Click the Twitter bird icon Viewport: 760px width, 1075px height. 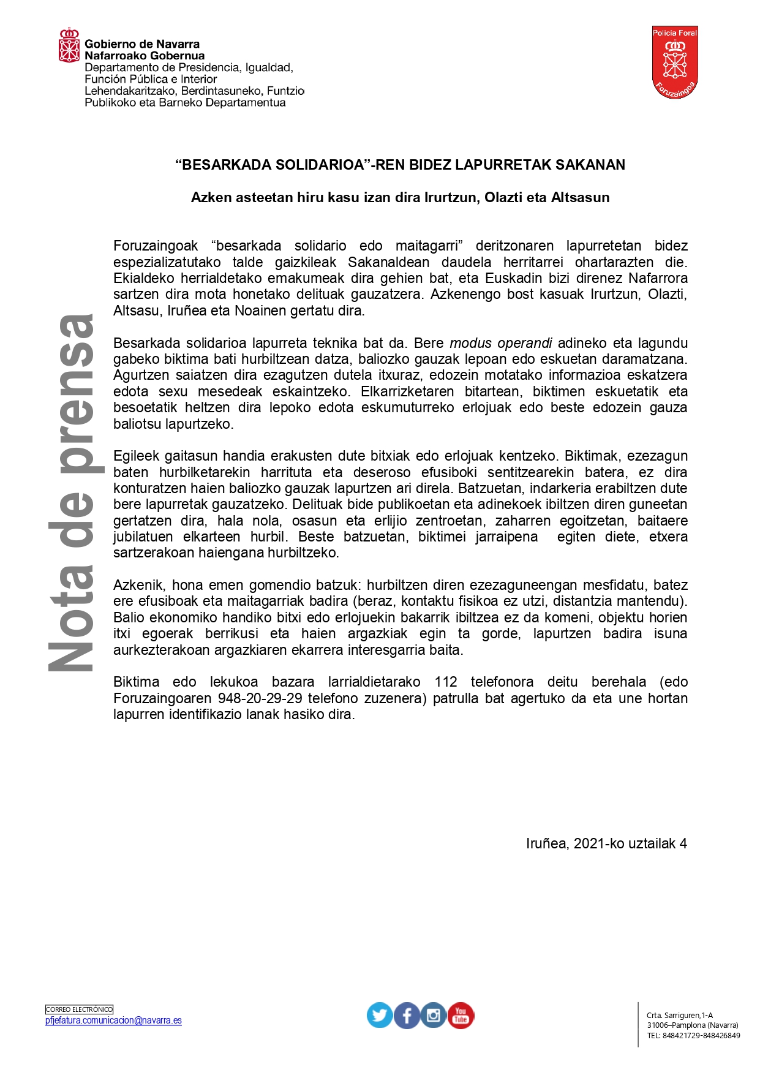pyautogui.click(x=380, y=1015)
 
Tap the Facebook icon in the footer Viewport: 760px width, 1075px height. pyautogui.click(x=407, y=1015)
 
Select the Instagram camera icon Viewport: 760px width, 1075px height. pyautogui.click(x=434, y=1015)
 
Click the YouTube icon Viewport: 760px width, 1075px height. pyautogui.click(x=461, y=1015)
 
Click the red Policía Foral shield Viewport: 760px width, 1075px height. pyautogui.click(x=675, y=62)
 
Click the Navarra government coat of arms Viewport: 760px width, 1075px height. pyautogui.click(x=69, y=45)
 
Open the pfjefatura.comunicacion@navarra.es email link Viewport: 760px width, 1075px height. pyautogui.click(x=113, y=1020)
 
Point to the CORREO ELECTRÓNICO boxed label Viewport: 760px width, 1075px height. pyautogui.click(x=80, y=1009)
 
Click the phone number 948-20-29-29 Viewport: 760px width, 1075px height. pyautogui.click(x=260, y=698)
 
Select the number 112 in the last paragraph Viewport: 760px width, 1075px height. pyautogui.click(x=446, y=682)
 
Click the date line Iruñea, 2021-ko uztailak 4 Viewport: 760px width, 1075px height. pyautogui.click(x=606, y=843)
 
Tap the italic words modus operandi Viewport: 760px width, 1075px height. pyautogui.click(x=501, y=343)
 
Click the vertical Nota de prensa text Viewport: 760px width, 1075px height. pyautogui.click(x=72, y=493)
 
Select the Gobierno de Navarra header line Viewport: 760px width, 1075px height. pyautogui.click(x=142, y=44)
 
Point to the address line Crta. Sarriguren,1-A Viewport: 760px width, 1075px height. pyautogui.click(x=680, y=1015)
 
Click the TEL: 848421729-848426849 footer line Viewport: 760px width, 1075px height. pyautogui.click(x=693, y=1036)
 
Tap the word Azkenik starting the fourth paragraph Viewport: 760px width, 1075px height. pyautogui.click(x=138, y=585)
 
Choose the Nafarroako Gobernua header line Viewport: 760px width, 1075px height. pyautogui.click(x=145, y=56)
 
